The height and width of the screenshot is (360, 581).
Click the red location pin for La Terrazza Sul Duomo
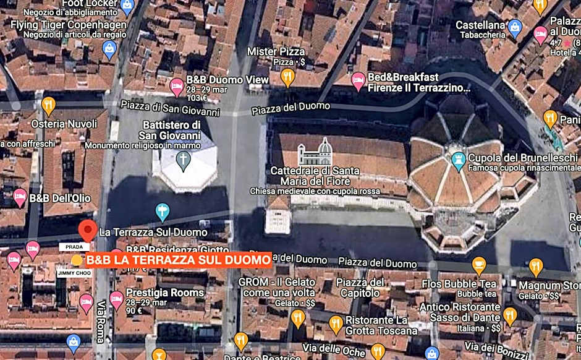click(88, 230)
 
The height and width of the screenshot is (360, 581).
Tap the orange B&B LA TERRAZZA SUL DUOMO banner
click(178, 260)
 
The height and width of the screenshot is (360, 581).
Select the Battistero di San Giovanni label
click(171, 130)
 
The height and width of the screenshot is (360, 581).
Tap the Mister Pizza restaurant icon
click(287, 77)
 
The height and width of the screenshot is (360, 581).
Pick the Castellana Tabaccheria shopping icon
click(515, 28)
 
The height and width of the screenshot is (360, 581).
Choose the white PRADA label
click(70, 247)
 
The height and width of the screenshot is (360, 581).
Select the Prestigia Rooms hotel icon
click(116, 299)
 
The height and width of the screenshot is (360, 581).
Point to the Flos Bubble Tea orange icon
click(479, 266)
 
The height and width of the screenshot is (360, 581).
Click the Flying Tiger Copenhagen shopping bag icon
click(109, 49)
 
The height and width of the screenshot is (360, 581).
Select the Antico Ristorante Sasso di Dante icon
click(510, 316)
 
